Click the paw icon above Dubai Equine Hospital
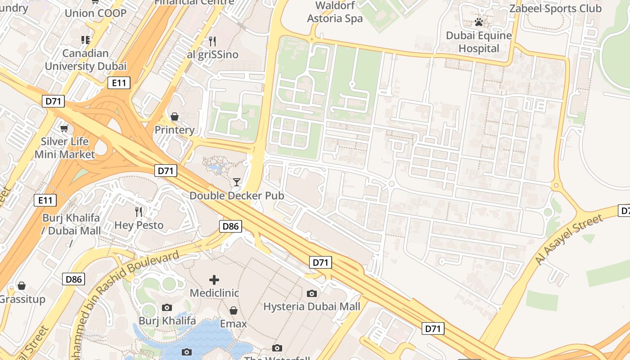tap(479, 22)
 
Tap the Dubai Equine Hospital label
tap(479, 42)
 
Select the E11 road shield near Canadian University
tap(119, 83)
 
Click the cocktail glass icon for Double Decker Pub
tap(237, 182)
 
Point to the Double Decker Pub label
tap(237, 196)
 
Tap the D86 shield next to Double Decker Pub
tap(230, 226)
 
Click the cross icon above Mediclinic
tap(214, 280)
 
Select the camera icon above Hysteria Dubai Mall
tap(311, 293)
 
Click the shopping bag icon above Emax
tap(233, 310)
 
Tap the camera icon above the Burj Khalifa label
tap(167, 307)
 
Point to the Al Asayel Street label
tap(569, 240)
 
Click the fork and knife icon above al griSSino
tap(212, 41)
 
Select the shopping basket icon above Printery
tap(175, 117)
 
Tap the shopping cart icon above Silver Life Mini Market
tap(64, 129)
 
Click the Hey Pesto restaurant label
tap(139, 225)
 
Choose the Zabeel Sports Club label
tap(555, 8)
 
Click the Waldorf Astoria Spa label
tap(335, 12)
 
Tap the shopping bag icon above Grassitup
tap(21, 286)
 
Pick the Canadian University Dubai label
tap(85, 60)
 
